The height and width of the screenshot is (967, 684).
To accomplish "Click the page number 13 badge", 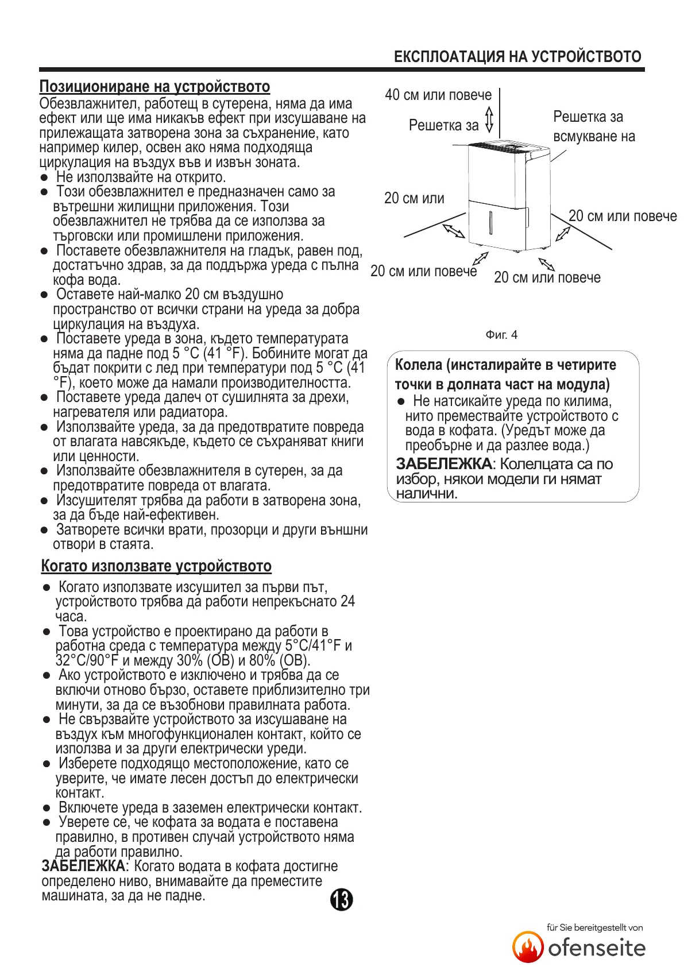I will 341,900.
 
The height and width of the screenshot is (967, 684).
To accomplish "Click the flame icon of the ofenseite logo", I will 528,947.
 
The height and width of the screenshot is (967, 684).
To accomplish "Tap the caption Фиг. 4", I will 501,335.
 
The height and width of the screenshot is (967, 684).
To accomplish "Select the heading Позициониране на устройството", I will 154,87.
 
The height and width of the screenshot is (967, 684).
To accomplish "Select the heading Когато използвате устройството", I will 156,566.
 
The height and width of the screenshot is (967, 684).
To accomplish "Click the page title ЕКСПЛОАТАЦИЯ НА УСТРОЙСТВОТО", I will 517,57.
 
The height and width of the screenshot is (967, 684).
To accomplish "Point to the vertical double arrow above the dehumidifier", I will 489,119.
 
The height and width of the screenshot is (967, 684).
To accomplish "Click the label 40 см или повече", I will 438,95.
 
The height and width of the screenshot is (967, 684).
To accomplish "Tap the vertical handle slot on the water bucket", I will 490,222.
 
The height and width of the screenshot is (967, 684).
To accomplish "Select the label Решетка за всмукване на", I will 593,126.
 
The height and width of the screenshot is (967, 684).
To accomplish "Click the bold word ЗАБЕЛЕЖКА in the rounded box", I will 443,464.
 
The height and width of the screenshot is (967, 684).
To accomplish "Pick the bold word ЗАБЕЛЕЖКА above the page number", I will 83,866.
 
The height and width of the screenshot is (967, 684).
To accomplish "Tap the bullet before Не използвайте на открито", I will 44,177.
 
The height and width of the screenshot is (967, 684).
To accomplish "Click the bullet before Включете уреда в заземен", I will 47,808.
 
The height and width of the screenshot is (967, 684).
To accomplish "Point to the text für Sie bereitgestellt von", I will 594,927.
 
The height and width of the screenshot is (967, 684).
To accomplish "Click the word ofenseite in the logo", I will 597,948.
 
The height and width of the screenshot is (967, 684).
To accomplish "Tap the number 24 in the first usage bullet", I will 347,602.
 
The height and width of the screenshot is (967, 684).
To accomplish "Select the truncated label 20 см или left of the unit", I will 414,199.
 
